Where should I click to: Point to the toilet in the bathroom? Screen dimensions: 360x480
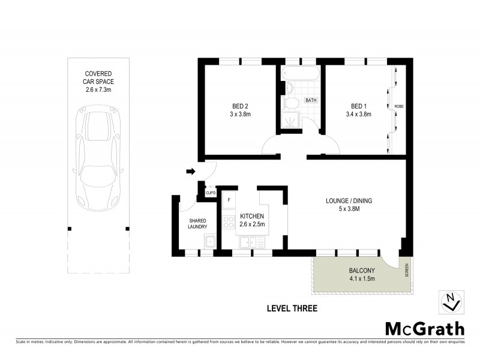[x=289, y=89]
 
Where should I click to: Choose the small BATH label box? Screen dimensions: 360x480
[x=311, y=100]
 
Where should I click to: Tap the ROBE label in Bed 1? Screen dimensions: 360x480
[x=399, y=107]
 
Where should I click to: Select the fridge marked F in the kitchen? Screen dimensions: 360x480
[x=229, y=198]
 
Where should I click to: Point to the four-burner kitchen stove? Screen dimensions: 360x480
[x=229, y=223]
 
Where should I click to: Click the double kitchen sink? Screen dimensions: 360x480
[x=253, y=242]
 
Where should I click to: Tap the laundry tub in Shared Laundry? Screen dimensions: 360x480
[x=209, y=242]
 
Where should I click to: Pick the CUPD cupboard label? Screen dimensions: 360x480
[x=210, y=193]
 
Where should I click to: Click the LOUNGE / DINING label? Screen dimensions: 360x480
[x=349, y=201]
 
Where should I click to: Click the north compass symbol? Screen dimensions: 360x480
[x=451, y=301]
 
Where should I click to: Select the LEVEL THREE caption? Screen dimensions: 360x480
[x=291, y=309]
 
